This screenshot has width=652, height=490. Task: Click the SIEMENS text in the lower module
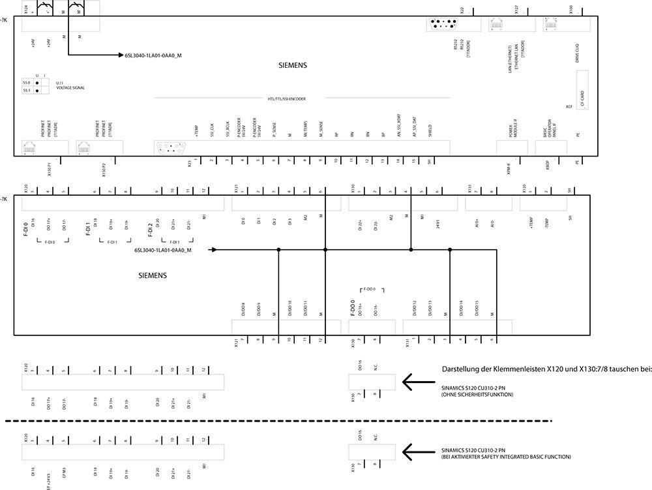tap(153, 276)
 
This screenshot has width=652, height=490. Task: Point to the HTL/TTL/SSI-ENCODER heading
tap(286, 99)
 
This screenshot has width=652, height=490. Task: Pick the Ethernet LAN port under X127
tap(501, 25)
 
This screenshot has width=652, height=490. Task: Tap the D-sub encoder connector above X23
tap(171, 148)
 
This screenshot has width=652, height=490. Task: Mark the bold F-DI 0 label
tap(26, 230)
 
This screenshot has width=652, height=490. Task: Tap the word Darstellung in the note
tap(460, 369)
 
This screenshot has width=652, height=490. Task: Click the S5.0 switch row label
tap(27, 83)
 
